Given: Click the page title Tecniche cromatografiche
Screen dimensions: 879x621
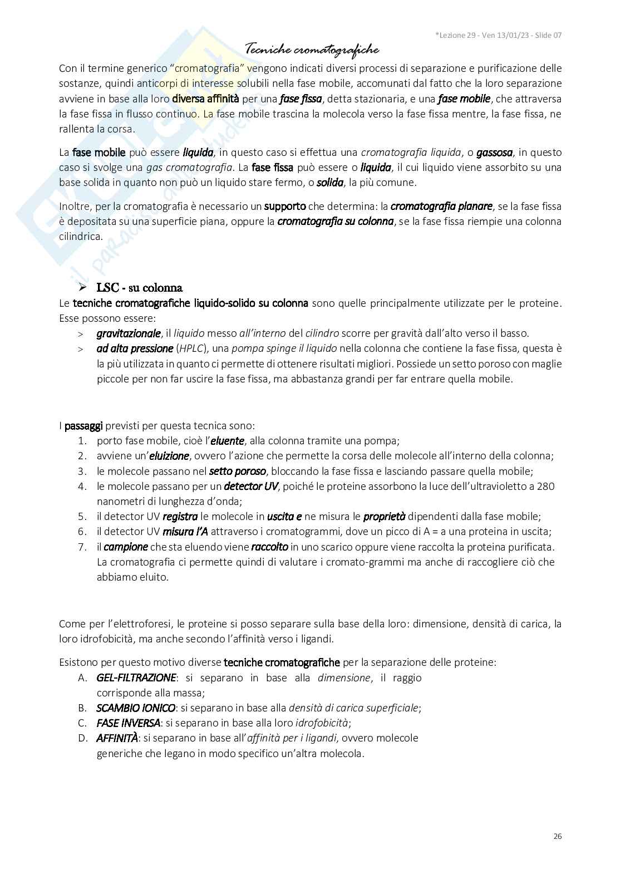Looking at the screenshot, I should (312, 50).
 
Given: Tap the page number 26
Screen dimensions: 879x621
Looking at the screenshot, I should (558, 836).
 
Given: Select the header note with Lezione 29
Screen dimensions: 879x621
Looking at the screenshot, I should (498, 35).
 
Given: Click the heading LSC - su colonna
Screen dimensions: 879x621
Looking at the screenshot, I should (140, 288).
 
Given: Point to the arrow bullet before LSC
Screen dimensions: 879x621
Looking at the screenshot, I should (83, 288).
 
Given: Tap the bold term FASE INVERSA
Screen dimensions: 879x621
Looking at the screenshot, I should (129, 723).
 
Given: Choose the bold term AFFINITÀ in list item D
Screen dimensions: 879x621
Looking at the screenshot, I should (117, 738).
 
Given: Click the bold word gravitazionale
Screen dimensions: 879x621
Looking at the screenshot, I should (129, 334).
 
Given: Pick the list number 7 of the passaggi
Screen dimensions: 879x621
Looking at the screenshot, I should (82, 547).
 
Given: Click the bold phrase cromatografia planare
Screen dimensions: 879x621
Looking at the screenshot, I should (441, 207).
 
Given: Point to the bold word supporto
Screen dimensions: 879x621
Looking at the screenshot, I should (285, 207).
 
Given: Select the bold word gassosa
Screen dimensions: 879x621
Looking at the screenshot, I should (494, 153).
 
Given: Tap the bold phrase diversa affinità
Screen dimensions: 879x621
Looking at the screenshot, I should (205, 99).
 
